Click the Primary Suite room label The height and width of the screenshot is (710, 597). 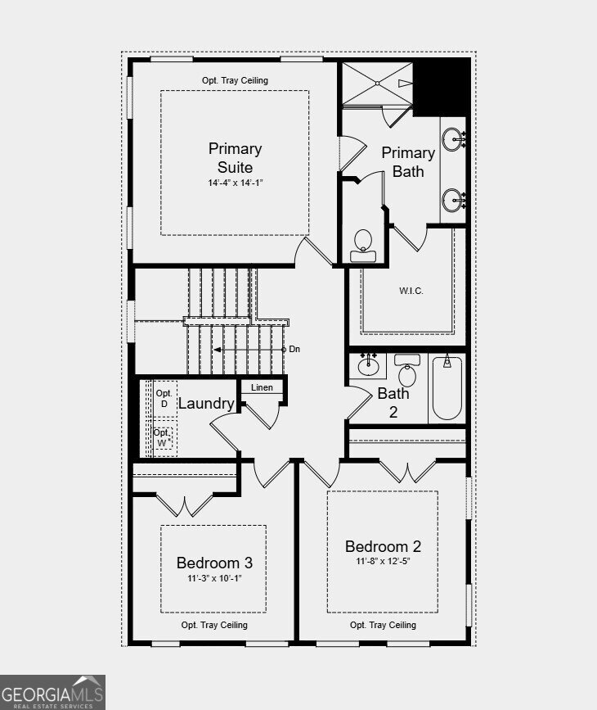[236, 157]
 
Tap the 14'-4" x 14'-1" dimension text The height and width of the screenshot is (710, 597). [236, 183]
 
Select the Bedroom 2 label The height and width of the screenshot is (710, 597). [383, 546]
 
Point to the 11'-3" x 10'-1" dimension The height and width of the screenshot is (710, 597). [215, 578]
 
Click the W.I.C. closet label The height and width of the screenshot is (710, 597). [411, 291]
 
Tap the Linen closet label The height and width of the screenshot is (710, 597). [262, 387]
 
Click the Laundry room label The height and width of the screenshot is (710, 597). [206, 403]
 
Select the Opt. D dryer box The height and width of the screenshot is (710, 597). [164, 399]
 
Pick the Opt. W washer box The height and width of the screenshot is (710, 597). [164, 438]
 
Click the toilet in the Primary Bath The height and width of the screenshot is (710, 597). [363, 246]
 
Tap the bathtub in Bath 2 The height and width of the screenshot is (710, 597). [447, 388]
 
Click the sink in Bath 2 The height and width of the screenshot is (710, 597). [368, 364]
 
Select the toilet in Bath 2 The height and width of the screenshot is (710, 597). [407, 370]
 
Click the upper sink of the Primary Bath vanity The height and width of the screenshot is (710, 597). [453, 138]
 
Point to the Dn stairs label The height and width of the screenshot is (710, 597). [294, 349]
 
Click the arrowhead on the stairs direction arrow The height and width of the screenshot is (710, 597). [217, 350]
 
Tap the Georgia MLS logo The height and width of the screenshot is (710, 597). [52, 692]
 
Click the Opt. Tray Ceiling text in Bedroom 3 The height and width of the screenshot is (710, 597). [214, 625]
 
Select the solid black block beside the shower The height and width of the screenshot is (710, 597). [442, 87]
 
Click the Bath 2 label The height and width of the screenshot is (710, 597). [393, 403]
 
